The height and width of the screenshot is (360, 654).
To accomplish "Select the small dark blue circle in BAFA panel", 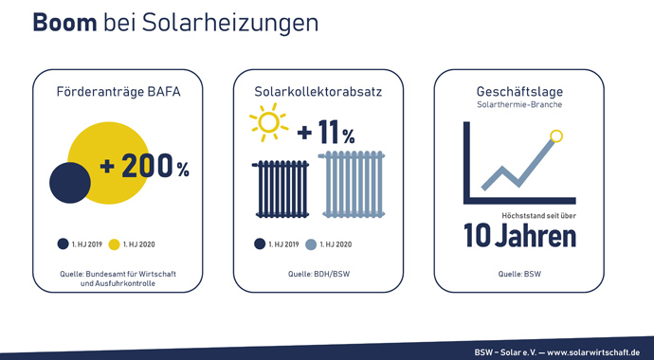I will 69,183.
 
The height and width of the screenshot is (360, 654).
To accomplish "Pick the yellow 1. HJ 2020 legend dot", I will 116,243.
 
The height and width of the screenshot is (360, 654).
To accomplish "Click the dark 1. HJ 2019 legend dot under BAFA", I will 63,243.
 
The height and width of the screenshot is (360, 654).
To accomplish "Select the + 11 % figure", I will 326,134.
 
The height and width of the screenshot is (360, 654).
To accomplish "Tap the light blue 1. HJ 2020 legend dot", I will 311,243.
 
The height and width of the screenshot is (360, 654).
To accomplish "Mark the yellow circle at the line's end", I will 557,135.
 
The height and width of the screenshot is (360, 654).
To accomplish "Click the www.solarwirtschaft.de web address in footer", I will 593,350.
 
